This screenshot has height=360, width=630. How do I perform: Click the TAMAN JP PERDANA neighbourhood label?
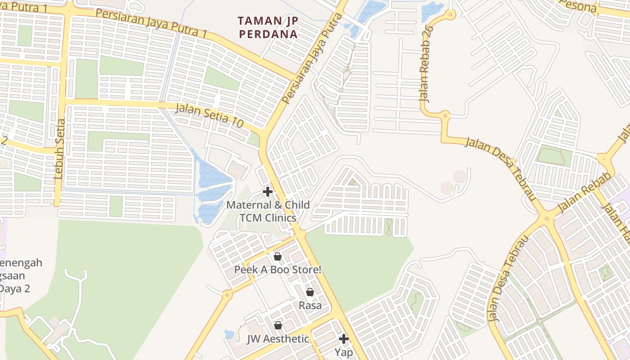point(268,27)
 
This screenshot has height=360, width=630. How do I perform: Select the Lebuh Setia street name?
point(60,149)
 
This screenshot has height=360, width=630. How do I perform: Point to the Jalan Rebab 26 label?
point(425,63)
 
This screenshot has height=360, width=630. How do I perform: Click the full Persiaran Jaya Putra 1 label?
point(151,23)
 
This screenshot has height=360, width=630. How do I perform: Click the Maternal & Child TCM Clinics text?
point(268,211)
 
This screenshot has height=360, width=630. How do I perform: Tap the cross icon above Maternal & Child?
point(268,192)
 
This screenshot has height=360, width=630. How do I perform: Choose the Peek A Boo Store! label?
point(278,270)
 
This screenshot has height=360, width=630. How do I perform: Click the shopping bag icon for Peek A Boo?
point(278,256)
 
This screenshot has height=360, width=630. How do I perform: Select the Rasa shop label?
point(310,306)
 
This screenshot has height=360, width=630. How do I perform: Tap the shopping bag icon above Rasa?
point(310,292)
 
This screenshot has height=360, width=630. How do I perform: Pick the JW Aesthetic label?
point(278,339)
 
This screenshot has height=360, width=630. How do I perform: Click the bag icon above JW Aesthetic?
point(278,325)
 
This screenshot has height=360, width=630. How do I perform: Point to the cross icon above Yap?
point(344,338)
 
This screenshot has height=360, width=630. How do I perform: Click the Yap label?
point(344,352)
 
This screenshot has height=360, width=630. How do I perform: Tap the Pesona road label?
point(579,6)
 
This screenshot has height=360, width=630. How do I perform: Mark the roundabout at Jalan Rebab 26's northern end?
point(450,15)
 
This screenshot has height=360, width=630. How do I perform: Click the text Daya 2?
point(15,288)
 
